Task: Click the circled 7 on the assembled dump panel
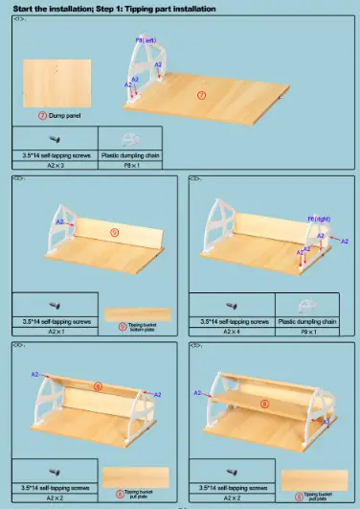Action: pos(202,94)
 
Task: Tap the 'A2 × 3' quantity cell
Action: pos(51,165)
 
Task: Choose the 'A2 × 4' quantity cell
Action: pos(232,332)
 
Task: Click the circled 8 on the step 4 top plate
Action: pos(98,386)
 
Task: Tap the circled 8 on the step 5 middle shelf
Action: pos(265,404)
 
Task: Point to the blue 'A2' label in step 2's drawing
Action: pos(59,221)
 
